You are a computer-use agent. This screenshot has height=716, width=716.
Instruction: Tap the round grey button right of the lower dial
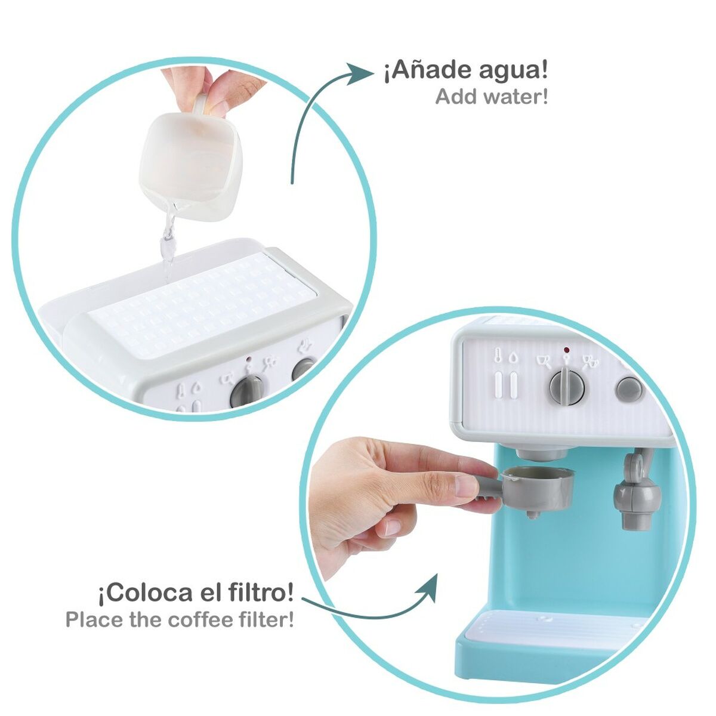click(629, 389)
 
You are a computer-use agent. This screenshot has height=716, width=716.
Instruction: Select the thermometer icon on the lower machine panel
click(498, 357)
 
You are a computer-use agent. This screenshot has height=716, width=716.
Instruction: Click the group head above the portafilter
click(541, 453)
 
